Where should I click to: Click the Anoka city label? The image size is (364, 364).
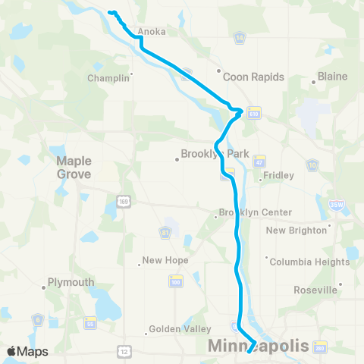pos(151,32)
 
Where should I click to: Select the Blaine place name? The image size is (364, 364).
pos(332,77)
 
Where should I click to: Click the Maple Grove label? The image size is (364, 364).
pos(74,168)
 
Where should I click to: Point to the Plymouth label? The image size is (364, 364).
pos(71,282)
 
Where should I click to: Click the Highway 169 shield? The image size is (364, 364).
pos(123,199)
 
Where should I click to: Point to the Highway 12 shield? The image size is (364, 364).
pos(123,352)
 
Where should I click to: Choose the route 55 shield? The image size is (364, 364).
pos(90,322)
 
